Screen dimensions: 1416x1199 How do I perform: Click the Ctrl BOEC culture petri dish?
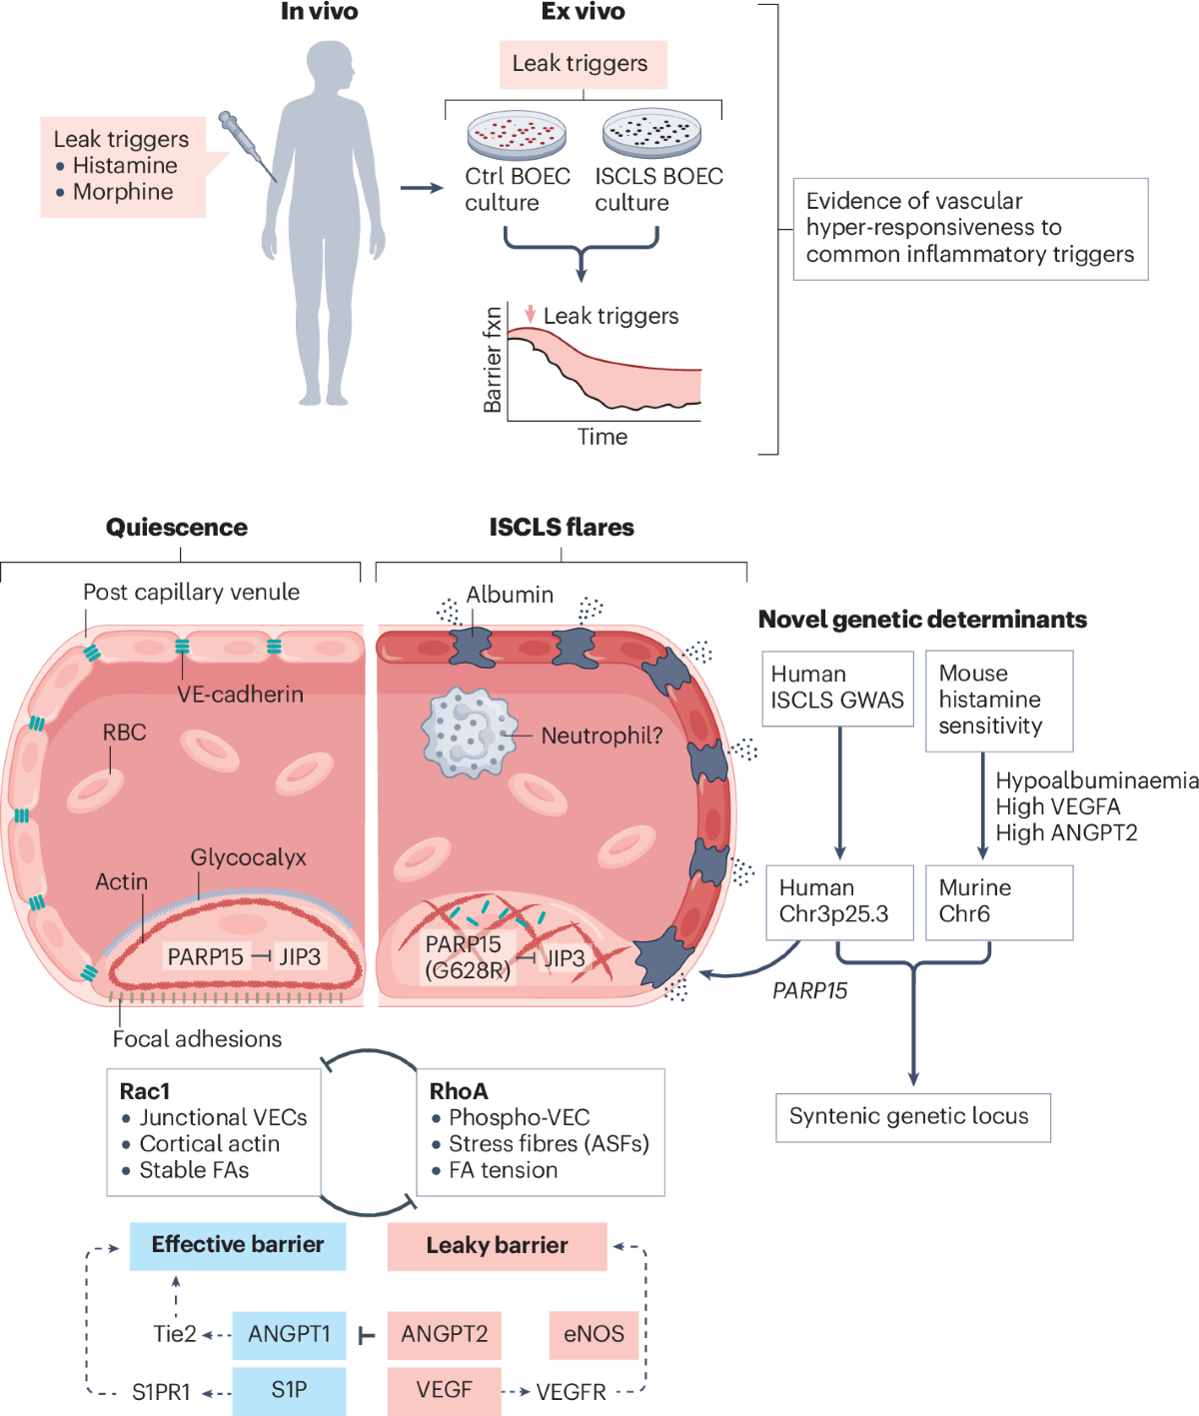(517, 135)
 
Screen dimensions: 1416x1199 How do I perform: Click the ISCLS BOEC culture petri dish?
(651, 133)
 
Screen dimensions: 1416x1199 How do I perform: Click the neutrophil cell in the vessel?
(469, 732)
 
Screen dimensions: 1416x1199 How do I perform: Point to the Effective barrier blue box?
(238, 1245)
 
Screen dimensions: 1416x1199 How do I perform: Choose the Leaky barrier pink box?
(497, 1246)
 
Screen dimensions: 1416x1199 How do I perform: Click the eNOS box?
(594, 1335)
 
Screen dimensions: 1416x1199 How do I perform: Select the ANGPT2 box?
(444, 1335)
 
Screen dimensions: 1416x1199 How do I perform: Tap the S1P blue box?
(289, 1390)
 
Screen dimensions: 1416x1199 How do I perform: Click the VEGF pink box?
(444, 1390)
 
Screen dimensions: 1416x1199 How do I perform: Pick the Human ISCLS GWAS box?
(837, 688)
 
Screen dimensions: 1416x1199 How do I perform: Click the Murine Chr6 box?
(998, 901)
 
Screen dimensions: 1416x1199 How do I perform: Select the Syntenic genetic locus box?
(912, 1117)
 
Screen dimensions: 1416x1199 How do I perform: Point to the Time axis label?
(602, 437)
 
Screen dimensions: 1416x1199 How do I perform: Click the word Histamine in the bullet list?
(125, 166)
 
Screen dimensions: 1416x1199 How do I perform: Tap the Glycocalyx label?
(248, 857)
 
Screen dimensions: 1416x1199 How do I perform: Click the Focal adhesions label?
(197, 1039)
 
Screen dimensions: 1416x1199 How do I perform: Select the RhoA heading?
(459, 1091)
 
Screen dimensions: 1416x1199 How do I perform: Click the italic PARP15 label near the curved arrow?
(809, 990)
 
